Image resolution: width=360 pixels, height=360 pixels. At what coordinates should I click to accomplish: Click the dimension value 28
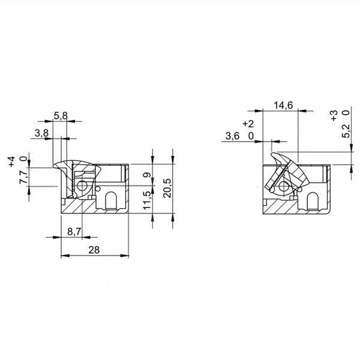tap(94, 250)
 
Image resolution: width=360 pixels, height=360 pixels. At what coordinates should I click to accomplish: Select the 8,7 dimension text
tap(74, 232)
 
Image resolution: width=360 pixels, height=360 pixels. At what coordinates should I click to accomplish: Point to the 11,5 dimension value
tap(147, 200)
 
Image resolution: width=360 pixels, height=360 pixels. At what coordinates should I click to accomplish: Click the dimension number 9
tap(147, 175)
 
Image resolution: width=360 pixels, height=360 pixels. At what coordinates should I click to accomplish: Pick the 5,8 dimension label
tap(61, 116)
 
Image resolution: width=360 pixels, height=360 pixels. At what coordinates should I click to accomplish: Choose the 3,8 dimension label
tap(41, 133)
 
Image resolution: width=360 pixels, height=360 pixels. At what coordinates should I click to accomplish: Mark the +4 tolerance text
tap(11, 161)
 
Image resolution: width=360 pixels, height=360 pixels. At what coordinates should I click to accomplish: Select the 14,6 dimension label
tap(283, 106)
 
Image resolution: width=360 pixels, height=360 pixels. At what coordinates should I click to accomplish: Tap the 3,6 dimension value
tap(232, 136)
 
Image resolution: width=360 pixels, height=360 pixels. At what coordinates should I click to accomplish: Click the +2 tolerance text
tap(248, 124)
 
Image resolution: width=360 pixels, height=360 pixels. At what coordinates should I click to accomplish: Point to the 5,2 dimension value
tap(346, 131)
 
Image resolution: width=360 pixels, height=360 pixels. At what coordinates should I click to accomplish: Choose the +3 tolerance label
tap(334, 115)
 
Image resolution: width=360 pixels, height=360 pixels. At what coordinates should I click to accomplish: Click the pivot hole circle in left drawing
tap(82, 186)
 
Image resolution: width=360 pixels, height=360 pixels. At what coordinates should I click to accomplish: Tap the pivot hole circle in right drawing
tap(284, 187)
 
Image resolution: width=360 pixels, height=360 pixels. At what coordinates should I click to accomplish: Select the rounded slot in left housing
tap(111, 200)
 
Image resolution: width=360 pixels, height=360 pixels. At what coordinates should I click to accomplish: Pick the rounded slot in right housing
tap(313, 201)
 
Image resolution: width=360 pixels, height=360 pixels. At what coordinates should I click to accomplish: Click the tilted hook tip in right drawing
tap(272, 154)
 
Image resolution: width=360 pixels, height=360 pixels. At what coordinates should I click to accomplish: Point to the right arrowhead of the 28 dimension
tap(125, 256)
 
